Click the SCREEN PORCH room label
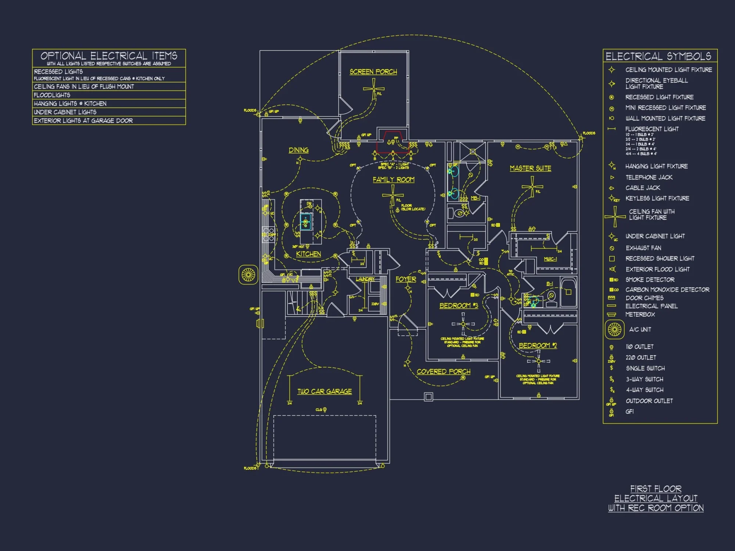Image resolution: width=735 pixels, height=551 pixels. (373, 72)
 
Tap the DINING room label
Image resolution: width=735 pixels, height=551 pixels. (298, 150)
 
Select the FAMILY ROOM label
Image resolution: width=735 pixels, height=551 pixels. (393, 180)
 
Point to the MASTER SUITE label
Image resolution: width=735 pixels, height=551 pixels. (530, 168)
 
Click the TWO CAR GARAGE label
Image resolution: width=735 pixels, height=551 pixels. (325, 392)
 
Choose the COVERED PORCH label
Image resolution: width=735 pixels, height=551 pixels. (443, 372)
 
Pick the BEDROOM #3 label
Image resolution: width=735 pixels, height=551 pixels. (459, 306)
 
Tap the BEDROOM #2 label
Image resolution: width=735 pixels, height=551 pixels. (538, 346)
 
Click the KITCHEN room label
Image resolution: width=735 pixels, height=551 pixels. (308, 254)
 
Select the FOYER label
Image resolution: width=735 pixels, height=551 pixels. (406, 280)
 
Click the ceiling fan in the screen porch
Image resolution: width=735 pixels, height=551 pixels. (374, 89)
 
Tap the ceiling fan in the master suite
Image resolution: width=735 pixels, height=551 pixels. (532, 187)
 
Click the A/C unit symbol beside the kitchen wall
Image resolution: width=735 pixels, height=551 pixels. (248, 275)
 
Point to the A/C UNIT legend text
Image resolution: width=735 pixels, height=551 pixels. (640, 329)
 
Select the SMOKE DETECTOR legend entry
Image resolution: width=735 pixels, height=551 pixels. (650, 280)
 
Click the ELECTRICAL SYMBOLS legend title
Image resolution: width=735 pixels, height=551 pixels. (658, 56)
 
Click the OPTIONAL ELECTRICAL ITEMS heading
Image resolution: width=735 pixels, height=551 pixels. (109, 56)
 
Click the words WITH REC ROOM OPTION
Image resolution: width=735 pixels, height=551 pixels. (656, 508)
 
